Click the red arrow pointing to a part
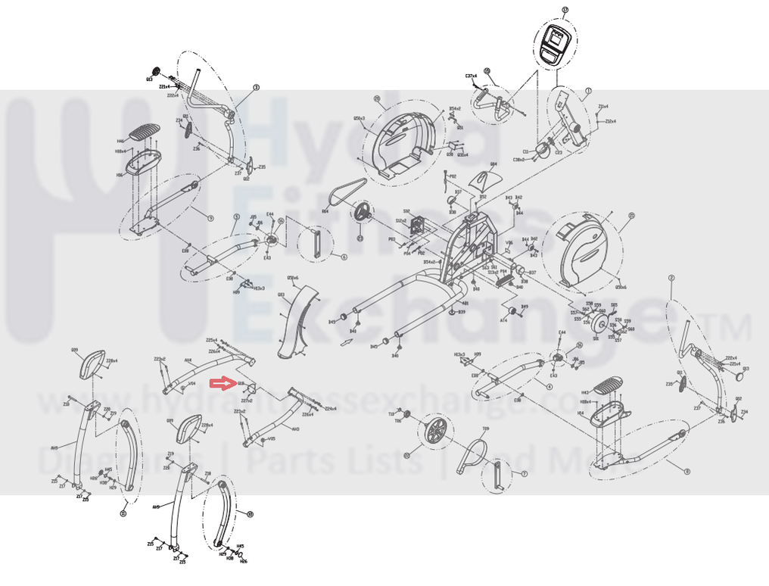click(x=222, y=384)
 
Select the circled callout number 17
click(x=565, y=10)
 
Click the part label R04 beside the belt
click(x=325, y=212)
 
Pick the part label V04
click(x=192, y=384)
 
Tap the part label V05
click(x=272, y=438)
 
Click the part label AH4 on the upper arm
click(x=188, y=360)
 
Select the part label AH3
click(x=296, y=429)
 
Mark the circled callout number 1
click(x=588, y=91)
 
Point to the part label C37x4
click(x=471, y=76)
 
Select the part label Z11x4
click(x=603, y=107)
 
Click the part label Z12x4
click(x=609, y=121)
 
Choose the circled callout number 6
click(x=344, y=257)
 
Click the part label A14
click(x=504, y=320)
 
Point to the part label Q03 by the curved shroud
click(x=282, y=295)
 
